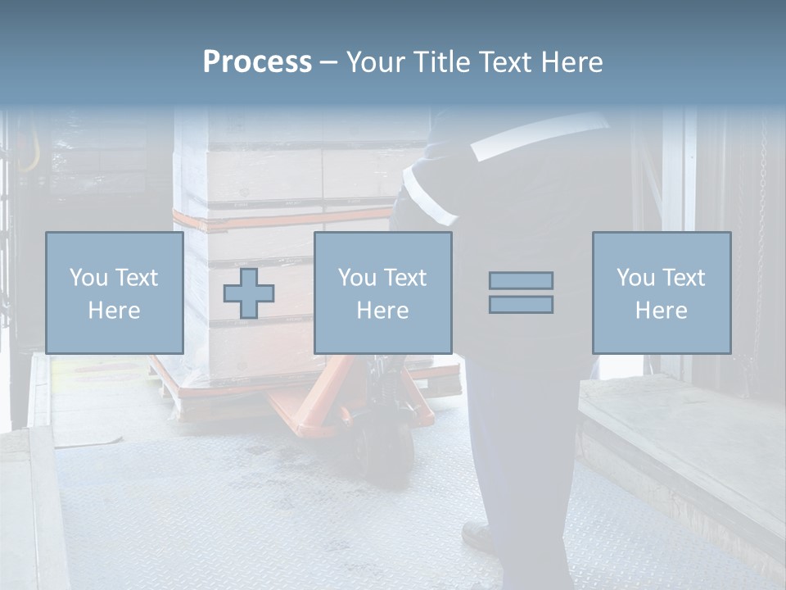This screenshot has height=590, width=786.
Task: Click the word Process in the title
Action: [257, 62]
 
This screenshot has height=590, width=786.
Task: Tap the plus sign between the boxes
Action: [249, 293]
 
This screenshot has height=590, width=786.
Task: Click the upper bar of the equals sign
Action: [521, 280]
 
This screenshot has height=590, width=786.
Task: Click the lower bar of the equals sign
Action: [521, 305]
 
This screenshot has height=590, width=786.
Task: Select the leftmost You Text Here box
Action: [115, 293]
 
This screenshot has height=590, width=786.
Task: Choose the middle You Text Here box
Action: [382, 293]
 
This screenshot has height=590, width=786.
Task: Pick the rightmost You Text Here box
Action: [662, 293]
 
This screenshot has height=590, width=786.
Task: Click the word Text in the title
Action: [502, 62]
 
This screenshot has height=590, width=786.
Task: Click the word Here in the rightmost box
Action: [662, 310]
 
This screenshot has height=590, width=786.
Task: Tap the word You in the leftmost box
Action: [88, 277]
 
